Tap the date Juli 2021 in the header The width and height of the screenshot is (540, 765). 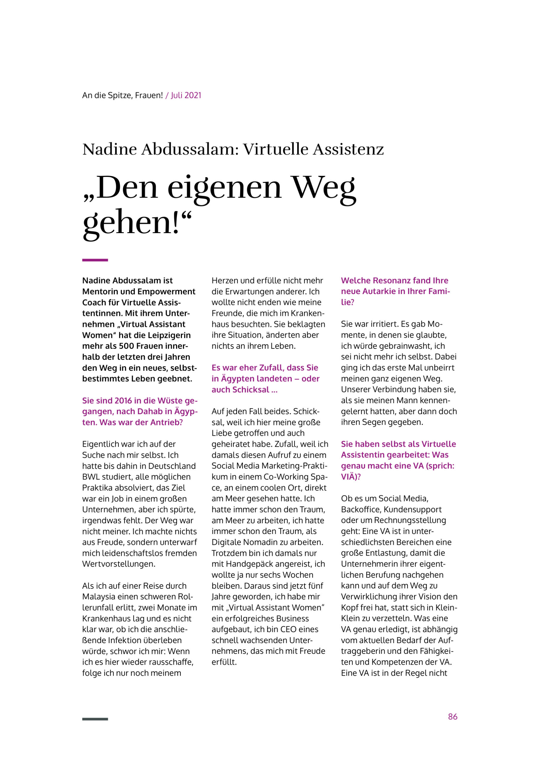tap(186, 95)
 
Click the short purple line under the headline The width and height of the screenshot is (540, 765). tap(95, 260)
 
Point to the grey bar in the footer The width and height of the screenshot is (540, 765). tap(95, 719)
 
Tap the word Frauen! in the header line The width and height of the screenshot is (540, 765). tap(149, 95)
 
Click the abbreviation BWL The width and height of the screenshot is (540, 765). tap(90, 477)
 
